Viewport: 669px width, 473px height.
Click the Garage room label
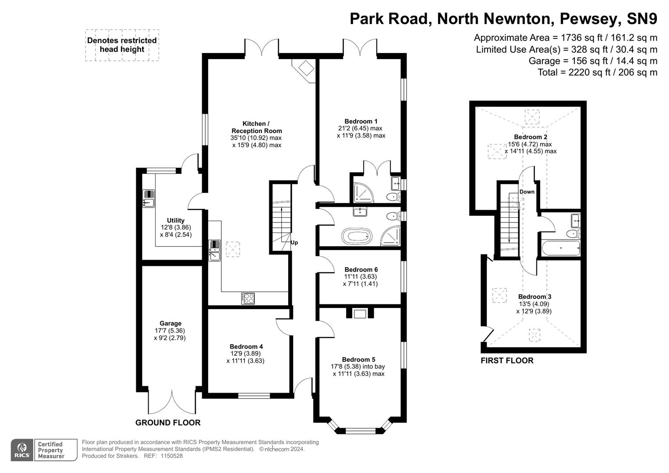pos(170,324)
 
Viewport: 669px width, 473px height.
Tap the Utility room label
pos(176,220)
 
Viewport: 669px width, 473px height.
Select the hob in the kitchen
pos(248,298)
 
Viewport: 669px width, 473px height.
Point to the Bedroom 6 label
pos(361,269)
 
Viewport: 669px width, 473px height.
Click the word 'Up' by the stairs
pos(294,243)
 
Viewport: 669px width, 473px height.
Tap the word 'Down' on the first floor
pos(527,192)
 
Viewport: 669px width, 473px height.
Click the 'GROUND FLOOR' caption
pos(168,423)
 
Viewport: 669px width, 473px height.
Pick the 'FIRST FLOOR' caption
pos(507,361)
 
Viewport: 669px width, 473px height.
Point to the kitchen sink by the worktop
pos(215,251)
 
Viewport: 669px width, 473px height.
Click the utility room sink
pos(149,198)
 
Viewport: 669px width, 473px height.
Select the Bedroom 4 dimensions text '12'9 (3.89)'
pos(246,354)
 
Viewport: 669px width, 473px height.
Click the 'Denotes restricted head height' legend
pos(122,45)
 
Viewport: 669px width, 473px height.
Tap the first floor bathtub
pos(561,248)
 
